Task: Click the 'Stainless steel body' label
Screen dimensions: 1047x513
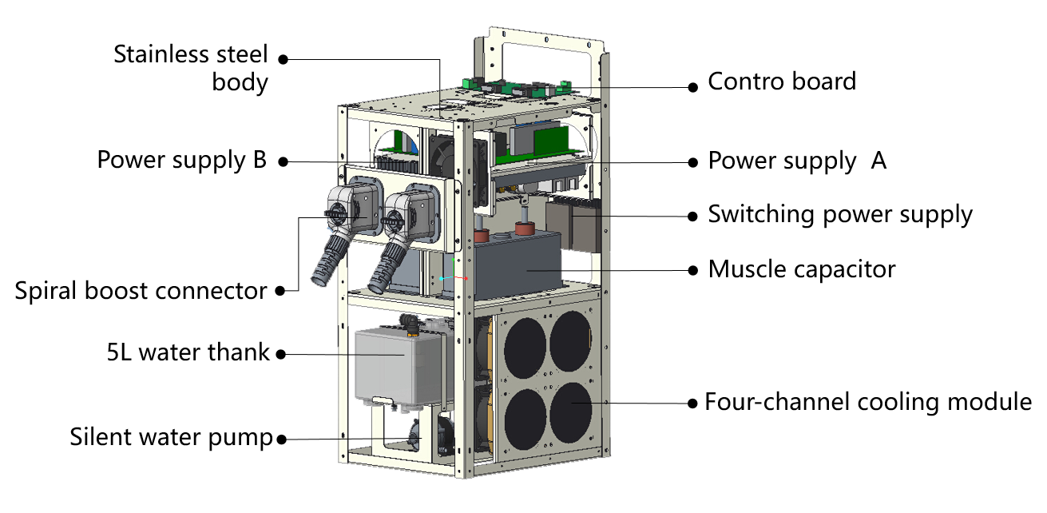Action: coord(191,68)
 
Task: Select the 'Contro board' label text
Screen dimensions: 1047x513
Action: coord(782,82)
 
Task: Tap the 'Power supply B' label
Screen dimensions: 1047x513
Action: coord(182,161)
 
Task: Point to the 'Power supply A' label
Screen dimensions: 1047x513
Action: coord(797,161)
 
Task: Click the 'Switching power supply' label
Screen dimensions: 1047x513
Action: coord(840,215)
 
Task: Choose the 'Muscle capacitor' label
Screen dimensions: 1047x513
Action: coord(802,270)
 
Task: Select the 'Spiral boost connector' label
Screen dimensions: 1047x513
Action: coord(141,292)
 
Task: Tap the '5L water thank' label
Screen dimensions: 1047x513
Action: coord(188,352)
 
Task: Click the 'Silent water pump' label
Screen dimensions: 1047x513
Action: coord(171,438)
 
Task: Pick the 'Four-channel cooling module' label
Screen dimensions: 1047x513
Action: coord(868,402)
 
